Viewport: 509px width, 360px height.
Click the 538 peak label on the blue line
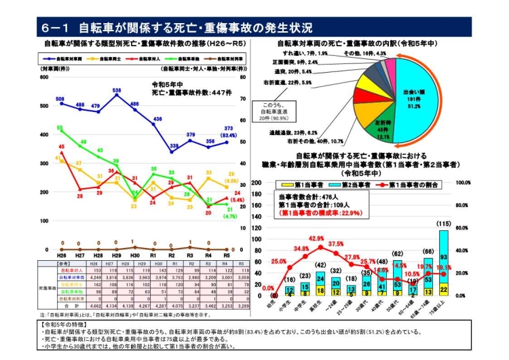[x=117, y=90]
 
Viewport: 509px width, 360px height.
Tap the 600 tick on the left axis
[x=45, y=77]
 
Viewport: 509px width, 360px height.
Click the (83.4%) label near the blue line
[x=229, y=134]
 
